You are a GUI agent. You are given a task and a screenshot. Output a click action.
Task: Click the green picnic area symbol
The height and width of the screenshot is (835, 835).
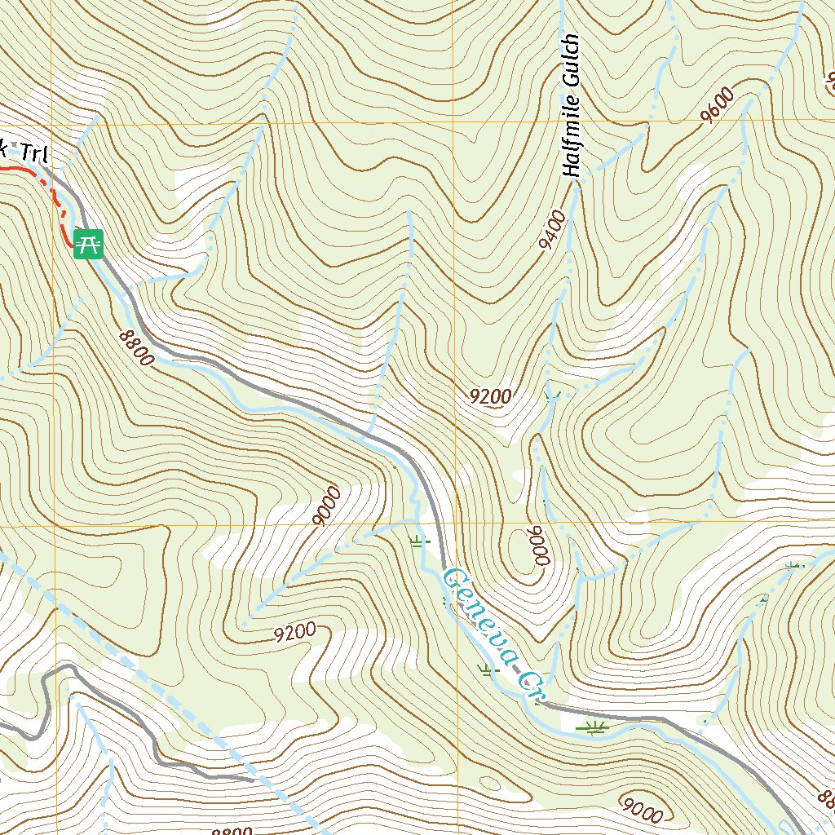pos(88,243)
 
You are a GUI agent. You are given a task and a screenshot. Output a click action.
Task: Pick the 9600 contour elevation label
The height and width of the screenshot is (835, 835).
pos(718,107)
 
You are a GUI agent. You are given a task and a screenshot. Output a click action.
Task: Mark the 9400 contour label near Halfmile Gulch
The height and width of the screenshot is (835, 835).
pos(552,229)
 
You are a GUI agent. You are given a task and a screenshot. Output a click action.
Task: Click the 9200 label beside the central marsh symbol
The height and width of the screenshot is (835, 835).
pos(491,397)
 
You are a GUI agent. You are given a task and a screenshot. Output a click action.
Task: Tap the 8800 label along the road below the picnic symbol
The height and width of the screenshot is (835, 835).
pos(135,347)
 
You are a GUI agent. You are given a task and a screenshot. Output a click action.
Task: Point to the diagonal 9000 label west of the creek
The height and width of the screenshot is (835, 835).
pos(325,506)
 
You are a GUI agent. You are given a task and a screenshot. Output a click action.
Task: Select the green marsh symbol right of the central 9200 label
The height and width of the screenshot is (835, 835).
pos(554,397)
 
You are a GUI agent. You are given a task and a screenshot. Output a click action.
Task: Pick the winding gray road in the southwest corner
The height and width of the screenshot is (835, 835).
pos(155,738)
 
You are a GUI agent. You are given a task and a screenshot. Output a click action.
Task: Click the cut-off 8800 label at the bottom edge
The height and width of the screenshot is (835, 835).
pos(231,830)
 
